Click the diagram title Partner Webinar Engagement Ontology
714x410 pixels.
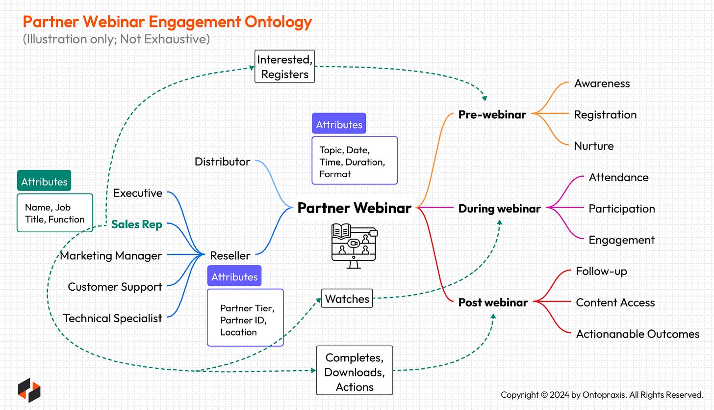tap(167, 22)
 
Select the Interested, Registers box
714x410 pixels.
tap(284, 67)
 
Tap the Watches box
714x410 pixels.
tap(347, 299)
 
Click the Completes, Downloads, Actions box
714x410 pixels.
tap(355, 372)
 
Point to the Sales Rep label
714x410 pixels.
tap(137, 224)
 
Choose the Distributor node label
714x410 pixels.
tap(222, 162)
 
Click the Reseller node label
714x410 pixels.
tap(230, 255)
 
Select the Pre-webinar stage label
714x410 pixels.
tap(492, 114)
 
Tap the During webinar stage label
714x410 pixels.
tap(499, 208)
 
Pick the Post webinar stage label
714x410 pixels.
tap(493, 302)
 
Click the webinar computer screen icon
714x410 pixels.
tap(354, 245)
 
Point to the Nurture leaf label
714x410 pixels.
tap(594, 146)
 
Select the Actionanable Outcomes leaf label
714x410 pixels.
tap(637, 334)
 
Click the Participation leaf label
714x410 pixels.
tap(622, 209)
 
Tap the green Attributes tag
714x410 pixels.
tap(44, 182)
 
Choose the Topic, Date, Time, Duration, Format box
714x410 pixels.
tap(355, 161)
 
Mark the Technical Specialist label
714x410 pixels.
tap(112, 318)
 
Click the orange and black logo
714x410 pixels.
tap(29, 390)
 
